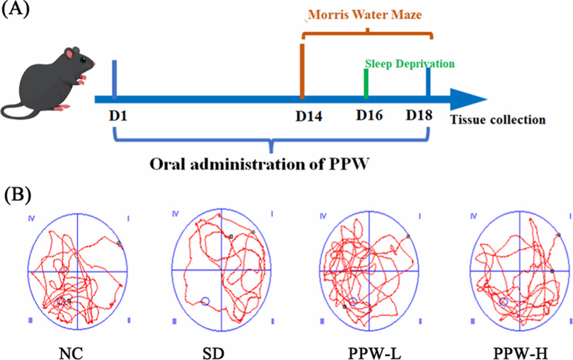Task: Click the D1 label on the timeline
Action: (118, 115)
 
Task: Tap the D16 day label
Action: (369, 115)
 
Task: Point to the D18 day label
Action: (419, 115)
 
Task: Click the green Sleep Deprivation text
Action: (410, 64)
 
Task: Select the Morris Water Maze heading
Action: (366, 15)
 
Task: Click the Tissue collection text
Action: (498, 120)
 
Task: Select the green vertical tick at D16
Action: (366, 83)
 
